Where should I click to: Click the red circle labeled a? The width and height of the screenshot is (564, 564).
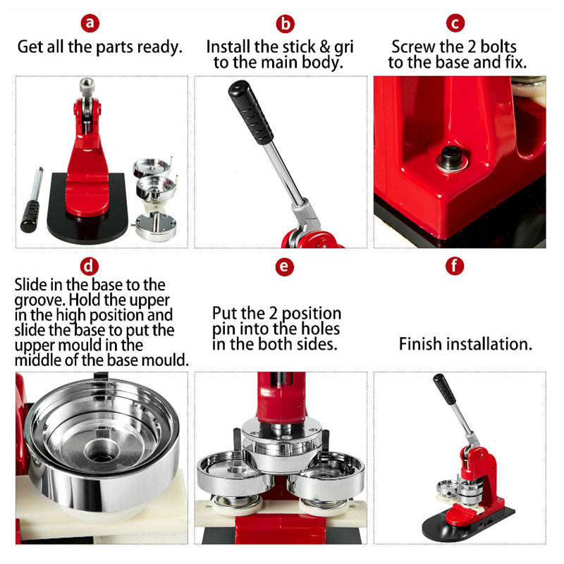[90, 23]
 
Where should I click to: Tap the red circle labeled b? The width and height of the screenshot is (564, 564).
[284, 23]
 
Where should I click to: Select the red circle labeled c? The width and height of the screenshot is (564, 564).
[456, 23]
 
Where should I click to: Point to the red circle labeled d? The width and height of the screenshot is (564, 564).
[90, 266]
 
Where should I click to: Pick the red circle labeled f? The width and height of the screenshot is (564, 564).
[456, 266]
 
